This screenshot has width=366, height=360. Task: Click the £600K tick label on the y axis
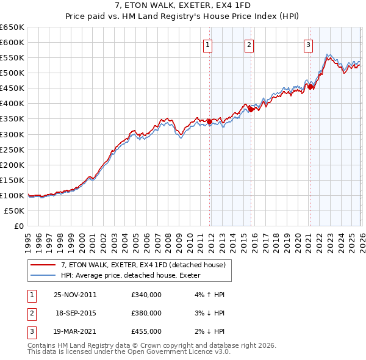click(x=12, y=43)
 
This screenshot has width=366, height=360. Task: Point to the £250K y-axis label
click(x=12, y=149)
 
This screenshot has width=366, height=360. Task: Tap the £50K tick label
click(x=15, y=211)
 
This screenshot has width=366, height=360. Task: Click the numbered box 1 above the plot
click(x=208, y=44)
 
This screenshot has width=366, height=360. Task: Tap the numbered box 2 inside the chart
click(x=249, y=44)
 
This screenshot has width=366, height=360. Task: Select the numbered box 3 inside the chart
click(x=309, y=44)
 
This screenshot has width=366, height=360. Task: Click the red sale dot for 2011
click(x=210, y=121)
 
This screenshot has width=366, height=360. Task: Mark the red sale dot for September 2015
click(x=251, y=109)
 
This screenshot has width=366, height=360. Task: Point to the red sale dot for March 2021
click(x=310, y=87)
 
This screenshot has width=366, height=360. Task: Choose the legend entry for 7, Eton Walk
click(x=143, y=265)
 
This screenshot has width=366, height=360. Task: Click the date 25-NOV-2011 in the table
click(x=75, y=295)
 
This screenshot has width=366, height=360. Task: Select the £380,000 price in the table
click(x=146, y=313)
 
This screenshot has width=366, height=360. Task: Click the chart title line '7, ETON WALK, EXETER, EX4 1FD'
click(x=182, y=6)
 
